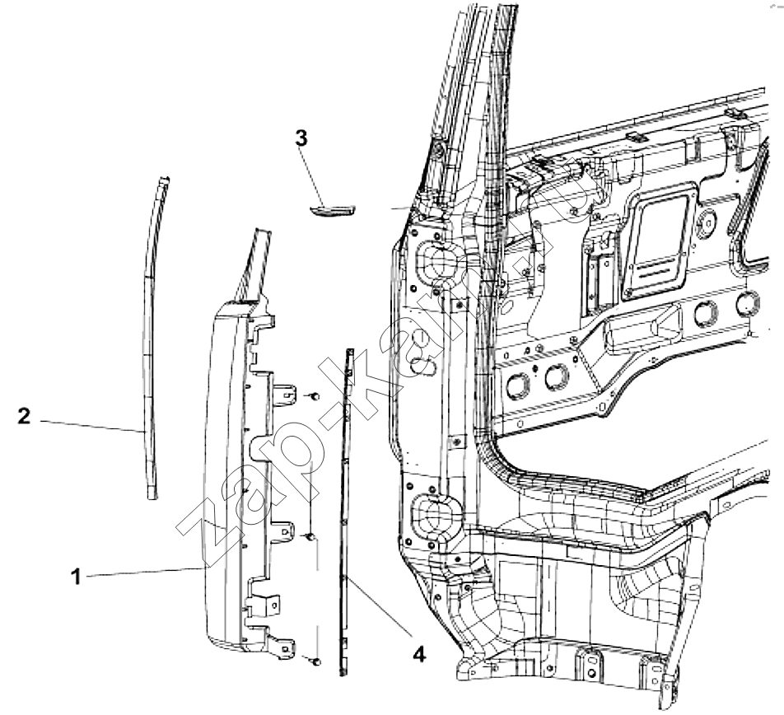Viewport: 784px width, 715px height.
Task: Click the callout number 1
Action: pyautogui.click(x=76, y=577)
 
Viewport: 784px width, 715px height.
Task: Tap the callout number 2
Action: pyautogui.click(x=24, y=416)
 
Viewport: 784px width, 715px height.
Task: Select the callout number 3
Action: pyautogui.click(x=301, y=138)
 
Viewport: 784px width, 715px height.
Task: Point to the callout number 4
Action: pyautogui.click(x=419, y=653)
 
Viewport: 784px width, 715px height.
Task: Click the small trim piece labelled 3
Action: pyautogui.click(x=332, y=211)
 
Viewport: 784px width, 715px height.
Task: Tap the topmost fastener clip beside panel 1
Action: pyautogui.click(x=315, y=396)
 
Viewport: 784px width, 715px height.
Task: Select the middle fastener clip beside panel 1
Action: pyautogui.click(x=310, y=537)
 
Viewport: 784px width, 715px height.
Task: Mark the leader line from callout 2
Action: pyautogui.click(x=92, y=426)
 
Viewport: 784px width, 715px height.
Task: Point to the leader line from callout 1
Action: pyautogui.click(x=146, y=572)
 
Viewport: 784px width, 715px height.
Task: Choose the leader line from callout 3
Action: pyautogui.click(x=313, y=177)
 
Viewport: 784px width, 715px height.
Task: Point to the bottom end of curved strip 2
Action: pyautogui.click(x=152, y=498)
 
